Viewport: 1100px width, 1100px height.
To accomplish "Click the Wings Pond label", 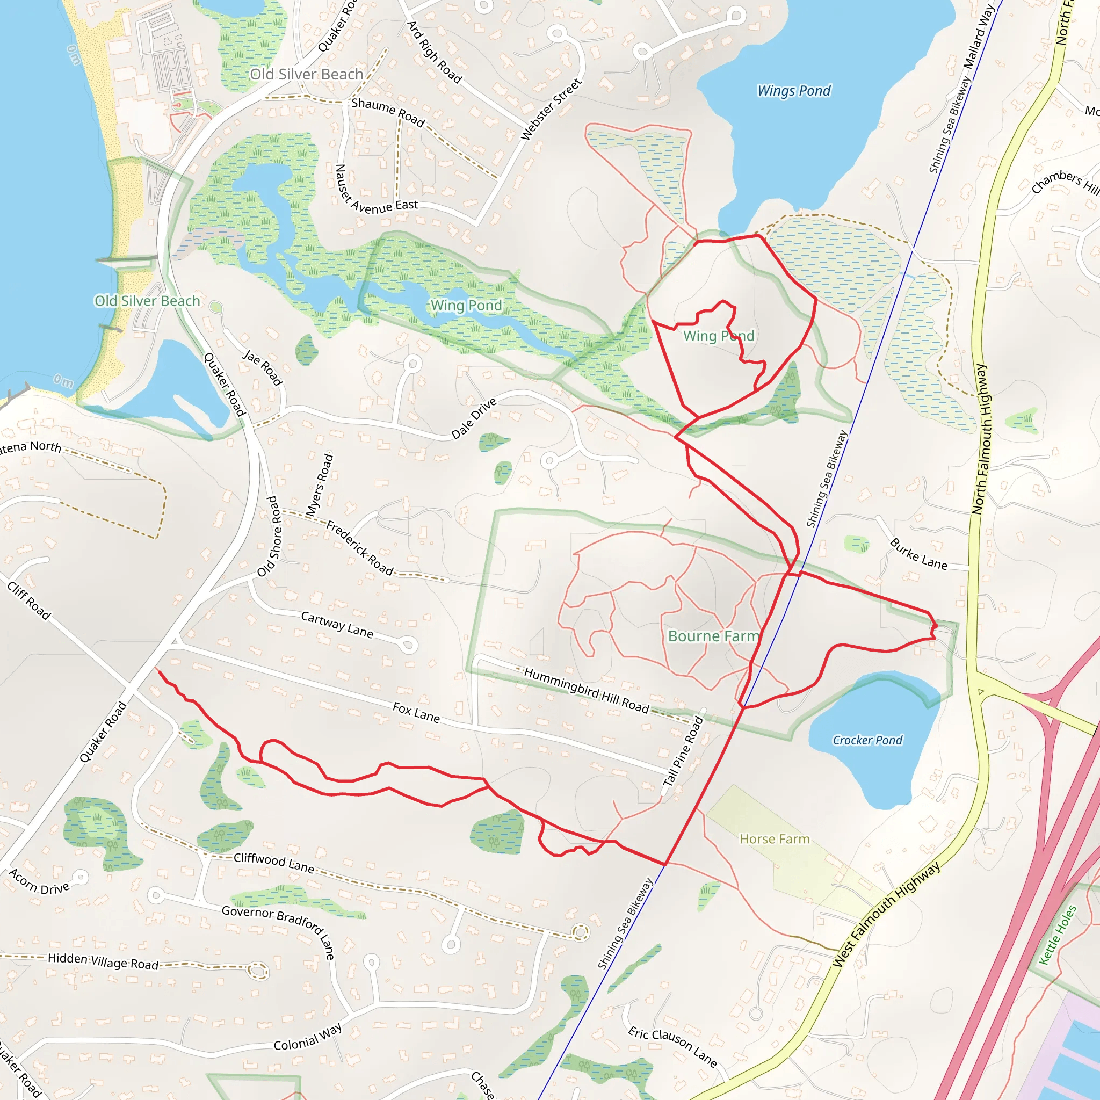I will click(x=794, y=91).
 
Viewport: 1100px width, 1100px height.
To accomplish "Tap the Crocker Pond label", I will click(x=867, y=740).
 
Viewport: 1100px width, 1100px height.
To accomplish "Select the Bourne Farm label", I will click(x=713, y=636).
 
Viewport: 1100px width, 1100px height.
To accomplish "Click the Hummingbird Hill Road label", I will click(x=587, y=690).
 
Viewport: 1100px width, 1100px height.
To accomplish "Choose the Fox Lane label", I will click(x=416, y=712).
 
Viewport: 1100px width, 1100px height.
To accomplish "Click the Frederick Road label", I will click(x=360, y=548).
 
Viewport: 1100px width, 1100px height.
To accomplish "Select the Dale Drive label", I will click(x=474, y=418).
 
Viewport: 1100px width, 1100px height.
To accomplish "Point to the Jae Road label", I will click(x=263, y=368).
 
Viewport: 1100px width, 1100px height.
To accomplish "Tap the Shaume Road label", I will click(x=388, y=112).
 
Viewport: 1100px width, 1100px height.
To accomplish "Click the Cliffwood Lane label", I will click(x=274, y=863).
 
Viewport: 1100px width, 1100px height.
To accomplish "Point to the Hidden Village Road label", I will click(x=103, y=961).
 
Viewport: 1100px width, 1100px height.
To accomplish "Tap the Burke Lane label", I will click(x=919, y=554).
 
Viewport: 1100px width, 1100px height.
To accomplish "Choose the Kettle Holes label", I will click(x=1058, y=935).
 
